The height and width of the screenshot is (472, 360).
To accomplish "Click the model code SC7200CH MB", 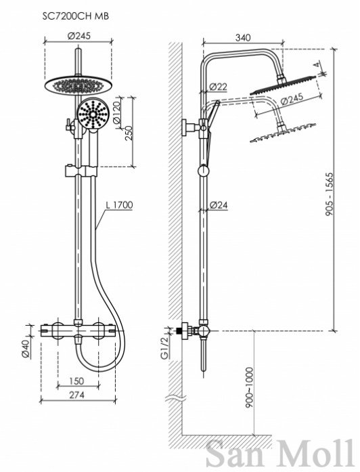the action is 76,16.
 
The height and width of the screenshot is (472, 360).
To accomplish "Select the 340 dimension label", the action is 243,38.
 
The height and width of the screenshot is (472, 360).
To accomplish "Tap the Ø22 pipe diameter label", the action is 218,87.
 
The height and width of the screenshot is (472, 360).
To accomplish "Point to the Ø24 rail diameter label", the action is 219,205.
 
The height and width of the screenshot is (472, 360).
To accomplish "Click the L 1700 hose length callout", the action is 119,205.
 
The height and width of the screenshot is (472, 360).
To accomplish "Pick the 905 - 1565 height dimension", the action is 330,194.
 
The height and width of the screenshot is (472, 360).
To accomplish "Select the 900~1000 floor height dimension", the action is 250,387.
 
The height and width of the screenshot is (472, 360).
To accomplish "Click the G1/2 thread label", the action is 165,347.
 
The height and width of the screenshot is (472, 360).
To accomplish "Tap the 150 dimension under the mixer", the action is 76,381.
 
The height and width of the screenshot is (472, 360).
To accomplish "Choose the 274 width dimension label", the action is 76,394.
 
